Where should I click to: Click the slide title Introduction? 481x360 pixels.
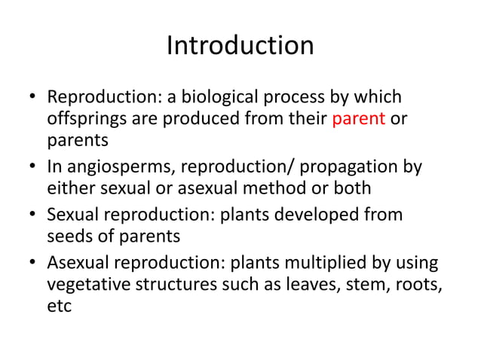240,46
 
